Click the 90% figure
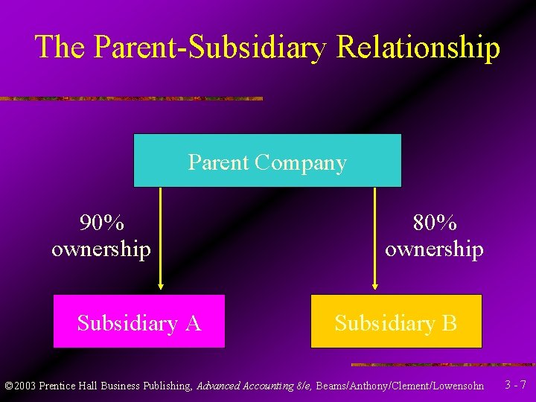point(102,223)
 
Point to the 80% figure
point(435,223)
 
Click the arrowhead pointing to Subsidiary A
point(160,284)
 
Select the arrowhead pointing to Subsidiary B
point(374,284)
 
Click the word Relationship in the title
point(418,46)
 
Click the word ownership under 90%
point(101,249)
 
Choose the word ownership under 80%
point(434,249)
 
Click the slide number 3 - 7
point(515,385)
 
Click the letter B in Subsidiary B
point(450,323)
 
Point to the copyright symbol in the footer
point(9,386)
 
